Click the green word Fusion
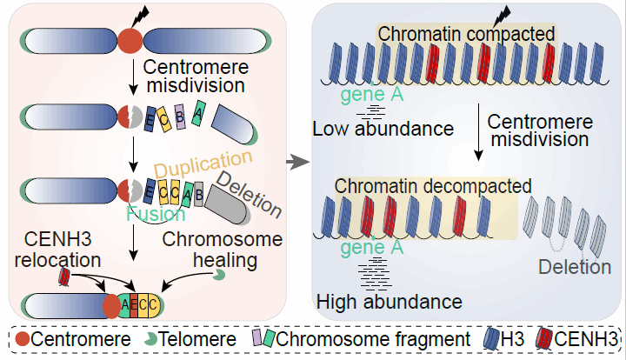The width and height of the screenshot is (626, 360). point(156,214)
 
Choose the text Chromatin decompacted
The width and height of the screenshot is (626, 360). point(432,185)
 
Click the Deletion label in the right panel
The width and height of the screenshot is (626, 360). point(574,267)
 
